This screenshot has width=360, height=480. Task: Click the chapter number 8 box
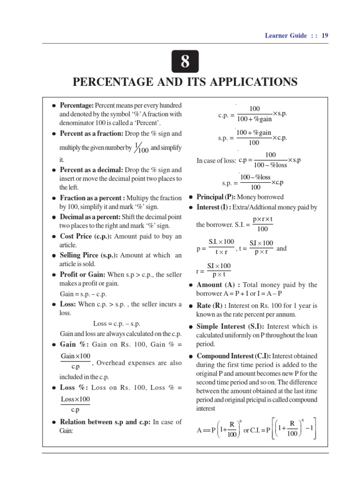pyautogui.click(x=185, y=61)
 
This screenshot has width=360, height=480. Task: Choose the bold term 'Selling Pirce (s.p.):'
pyautogui.click(x=89, y=255)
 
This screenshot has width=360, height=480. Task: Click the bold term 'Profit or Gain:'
pyautogui.click(x=82, y=274)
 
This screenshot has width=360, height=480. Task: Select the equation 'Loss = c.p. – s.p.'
pyautogui.click(x=117, y=323)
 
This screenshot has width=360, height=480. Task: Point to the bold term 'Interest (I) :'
pyautogui.click(x=214, y=207)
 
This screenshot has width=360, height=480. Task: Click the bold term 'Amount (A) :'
pyautogui.click(x=216, y=285)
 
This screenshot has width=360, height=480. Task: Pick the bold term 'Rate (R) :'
pyautogui.click(x=211, y=306)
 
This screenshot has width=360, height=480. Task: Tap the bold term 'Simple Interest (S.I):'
pyautogui.click(x=230, y=326)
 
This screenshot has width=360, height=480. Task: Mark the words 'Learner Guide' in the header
pyautogui.click(x=286, y=35)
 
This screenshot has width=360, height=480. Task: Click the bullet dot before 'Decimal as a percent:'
pyautogui.click(x=54, y=217)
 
